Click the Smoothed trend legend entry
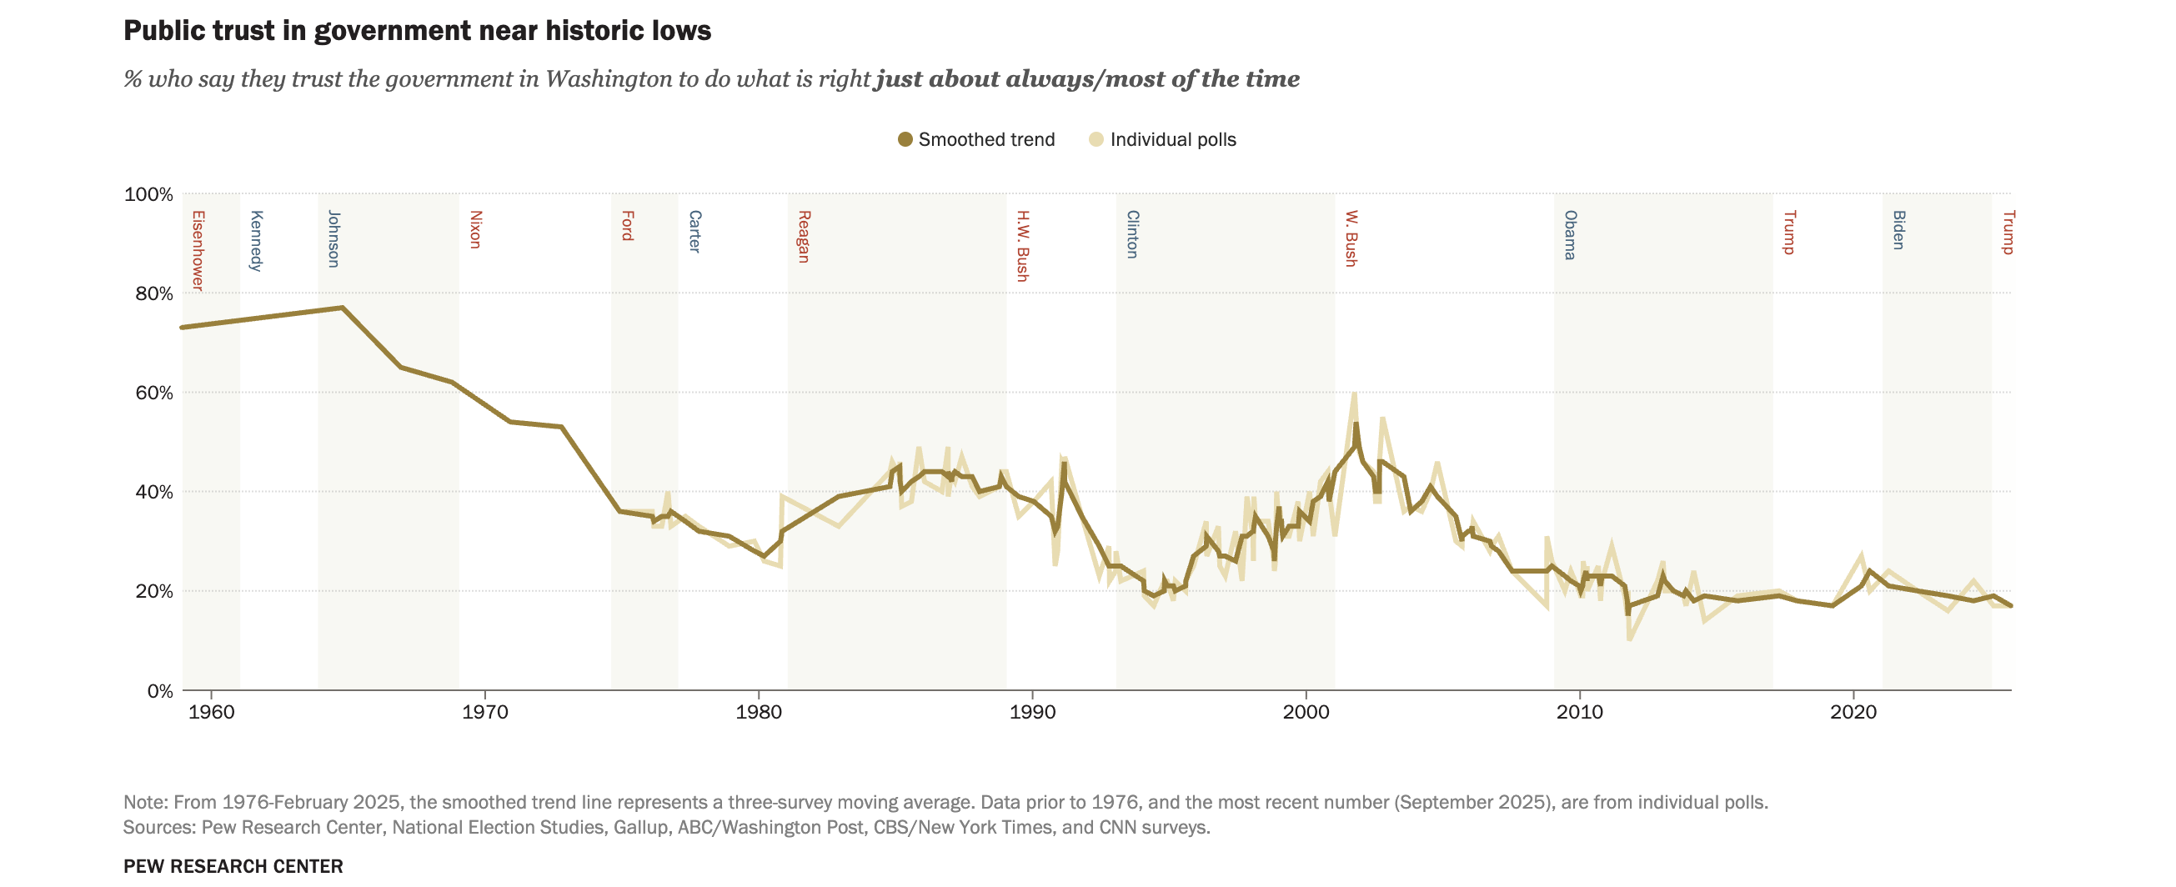pos(976,139)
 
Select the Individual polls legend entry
pos(1163,139)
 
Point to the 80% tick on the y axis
pos(148,294)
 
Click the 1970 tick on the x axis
pos(485,712)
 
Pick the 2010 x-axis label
pos(1580,712)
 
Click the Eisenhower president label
pos(198,251)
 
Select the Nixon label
pos(474,230)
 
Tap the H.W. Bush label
pos(1022,246)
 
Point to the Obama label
pos(1570,235)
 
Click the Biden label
pos(1898,230)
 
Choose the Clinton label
pos(1132,234)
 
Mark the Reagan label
pos(805,237)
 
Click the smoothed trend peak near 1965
pos(342,308)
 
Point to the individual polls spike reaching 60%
pos(1354,394)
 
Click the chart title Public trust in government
pos(418,30)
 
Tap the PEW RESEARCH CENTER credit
pos(233,866)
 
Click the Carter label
pos(694,232)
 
